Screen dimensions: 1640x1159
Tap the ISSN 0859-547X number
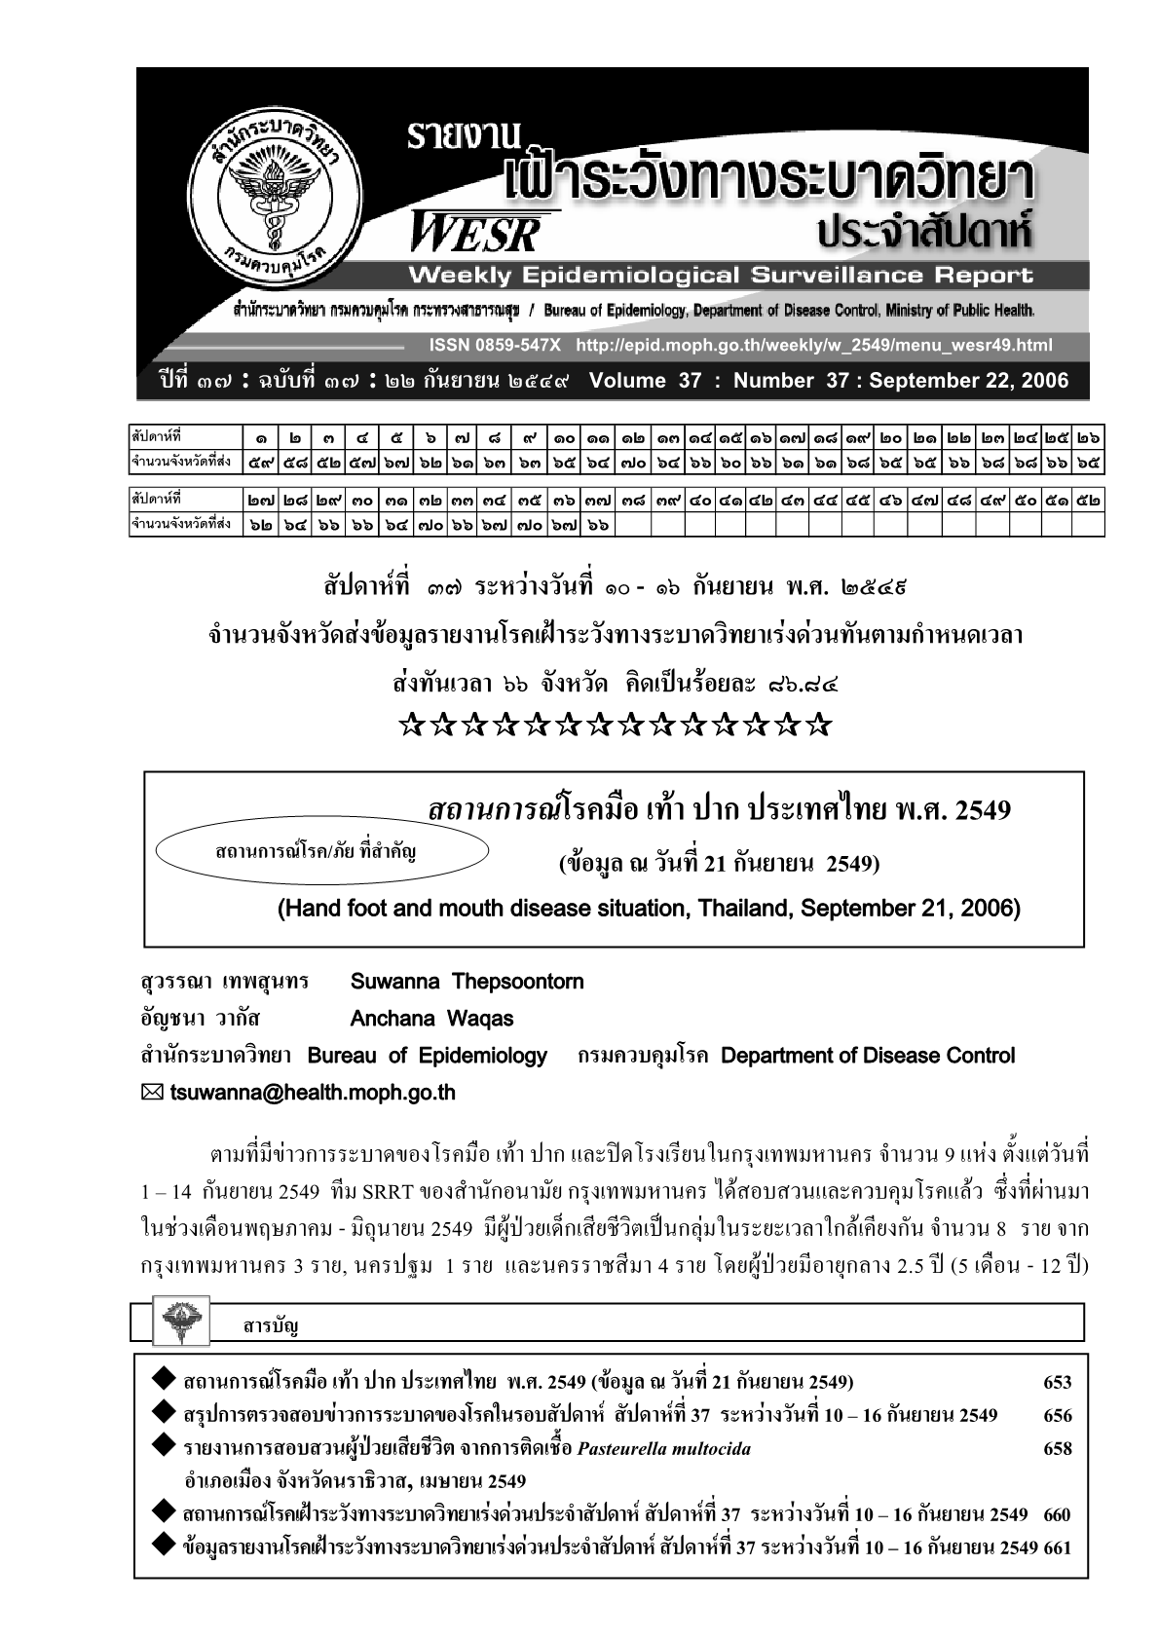pos(495,346)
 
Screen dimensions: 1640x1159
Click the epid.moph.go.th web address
pos(814,346)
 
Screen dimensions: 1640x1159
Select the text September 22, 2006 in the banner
pos(968,381)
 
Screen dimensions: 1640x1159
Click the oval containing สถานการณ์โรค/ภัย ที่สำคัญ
pos(321,852)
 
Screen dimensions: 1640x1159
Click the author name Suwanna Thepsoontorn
pos(467,982)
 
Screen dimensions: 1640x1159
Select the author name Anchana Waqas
pos(431,1019)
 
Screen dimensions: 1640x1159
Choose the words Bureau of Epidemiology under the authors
pos(428,1056)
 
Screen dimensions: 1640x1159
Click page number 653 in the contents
pos(1057,1383)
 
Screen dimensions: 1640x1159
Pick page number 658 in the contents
pos(1057,1449)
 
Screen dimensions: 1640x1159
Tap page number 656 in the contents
pos(1057,1416)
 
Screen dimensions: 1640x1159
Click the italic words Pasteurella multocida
pos(663,1449)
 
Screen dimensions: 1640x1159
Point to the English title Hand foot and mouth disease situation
pos(649,910)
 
